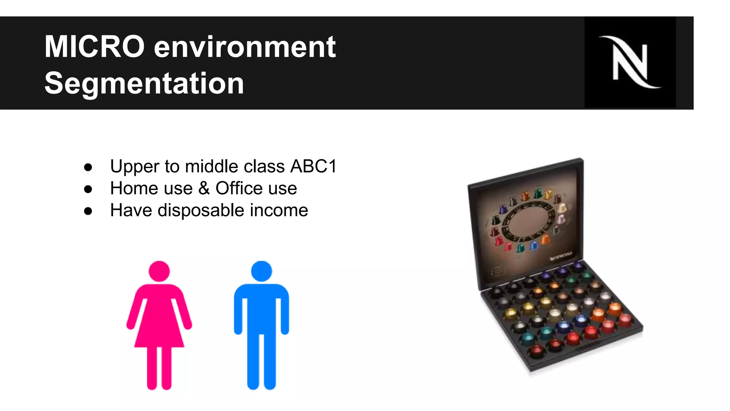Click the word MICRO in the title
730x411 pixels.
tap(94, 47)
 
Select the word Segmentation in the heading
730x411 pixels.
tap(144, 83)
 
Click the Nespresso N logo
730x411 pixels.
tap(630, 62)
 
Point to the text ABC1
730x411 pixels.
tap(313, 166)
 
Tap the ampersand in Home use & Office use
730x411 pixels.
tap(204, 188)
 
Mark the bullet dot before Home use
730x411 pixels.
tap(88, 189)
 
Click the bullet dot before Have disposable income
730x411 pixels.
tap(88, 211)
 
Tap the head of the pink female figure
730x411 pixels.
tap(159, 271)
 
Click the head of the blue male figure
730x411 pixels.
tap(261, 271)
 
